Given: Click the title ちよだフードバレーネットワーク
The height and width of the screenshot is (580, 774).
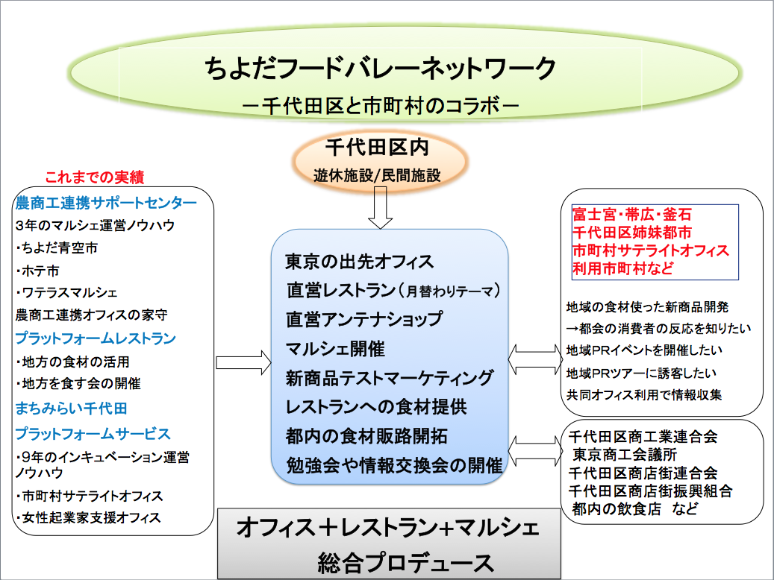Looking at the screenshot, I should click(x=381, y=69).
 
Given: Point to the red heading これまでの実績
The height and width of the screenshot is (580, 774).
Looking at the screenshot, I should click(x=94, y=177).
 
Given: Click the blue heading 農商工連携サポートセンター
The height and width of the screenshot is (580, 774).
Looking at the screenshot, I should click(x=106, y=203).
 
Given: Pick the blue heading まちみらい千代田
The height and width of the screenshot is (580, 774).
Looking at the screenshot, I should click(x=72, y=408).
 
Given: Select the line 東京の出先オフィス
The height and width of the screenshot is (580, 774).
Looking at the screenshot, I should click(x=359, y=262).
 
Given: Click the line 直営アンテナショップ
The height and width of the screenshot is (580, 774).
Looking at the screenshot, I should click(x=364, y=319).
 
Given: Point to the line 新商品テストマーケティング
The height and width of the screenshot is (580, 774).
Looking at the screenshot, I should click(x=389, y=378).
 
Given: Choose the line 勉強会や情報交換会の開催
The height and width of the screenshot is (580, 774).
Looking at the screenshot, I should click(x=394, y=466).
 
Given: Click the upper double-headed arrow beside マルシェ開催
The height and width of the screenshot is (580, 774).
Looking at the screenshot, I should click(x=534, y=359).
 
